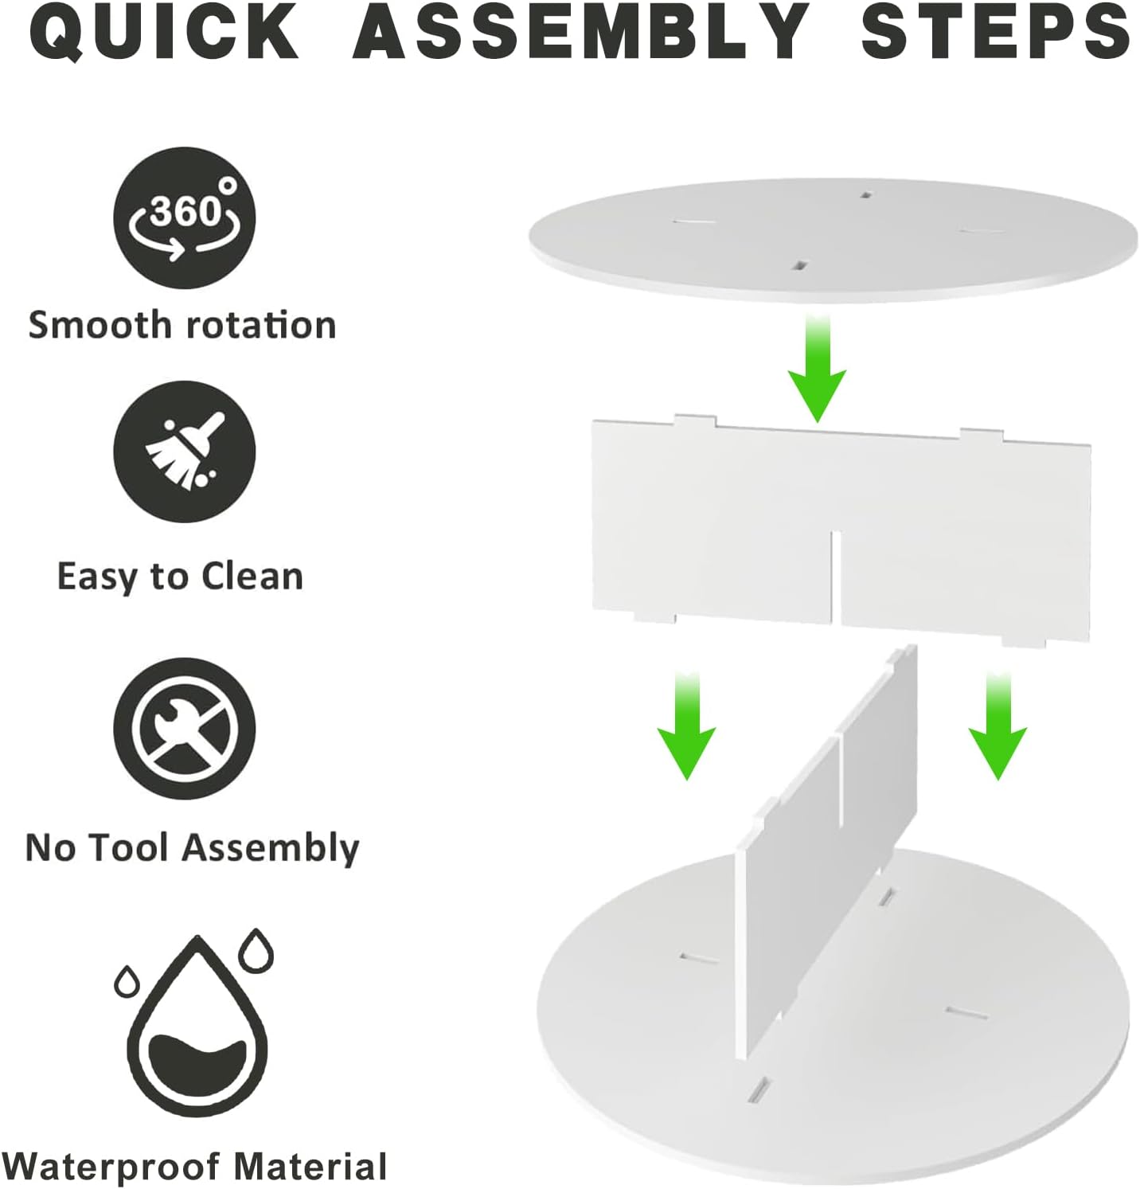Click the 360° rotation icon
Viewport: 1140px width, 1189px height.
pyautogui.click(x=184, y=217)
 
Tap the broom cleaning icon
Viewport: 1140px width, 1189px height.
pyautogui.click(x=184, y=452)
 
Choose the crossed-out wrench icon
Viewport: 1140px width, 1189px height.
pyautogui.click(x=184, y=729)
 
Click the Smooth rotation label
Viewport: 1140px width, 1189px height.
pyautogui.click(x=182, y=325)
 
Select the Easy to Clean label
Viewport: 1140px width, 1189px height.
pyautogui.click(x=181, y=577)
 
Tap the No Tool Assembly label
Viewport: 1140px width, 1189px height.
pyautogui.click(x=193, y=848)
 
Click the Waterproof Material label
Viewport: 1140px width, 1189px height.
pyautogui.click(x=195, y=1167)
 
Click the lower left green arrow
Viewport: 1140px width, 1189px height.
pyautogui.click(x=686, y=725)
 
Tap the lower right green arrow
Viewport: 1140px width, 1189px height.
pyautogui.click(x=997, y=725)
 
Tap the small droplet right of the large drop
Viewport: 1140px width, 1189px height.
pyautogui.click(x=256, y=950)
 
